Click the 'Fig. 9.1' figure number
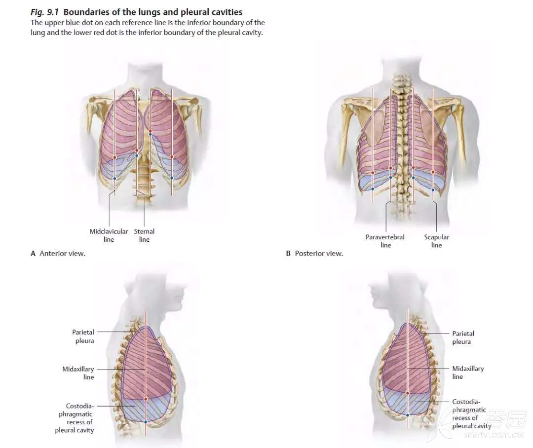[x=44, y=12]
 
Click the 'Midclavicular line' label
[x=109, y=235]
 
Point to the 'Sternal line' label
[x=144, y=235]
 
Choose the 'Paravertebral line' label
[x=385, y=241]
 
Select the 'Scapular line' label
[x=436, y=241]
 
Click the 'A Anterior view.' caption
[x=58, y=254]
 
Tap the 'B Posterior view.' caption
[x=315, y=254]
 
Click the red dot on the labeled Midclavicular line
[x=114, y=157]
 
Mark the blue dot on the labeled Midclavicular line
[x=114, y=178]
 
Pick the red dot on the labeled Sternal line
[x=137, y=150]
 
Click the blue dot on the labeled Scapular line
[x=433, y=189]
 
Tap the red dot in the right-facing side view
[x=146, y=399]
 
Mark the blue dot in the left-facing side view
[x=408, y=415]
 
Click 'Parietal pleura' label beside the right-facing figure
[x=83, y=336]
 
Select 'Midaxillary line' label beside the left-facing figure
[x=468, y=373]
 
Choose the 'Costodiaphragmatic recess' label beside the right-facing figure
[x=75, y=418]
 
